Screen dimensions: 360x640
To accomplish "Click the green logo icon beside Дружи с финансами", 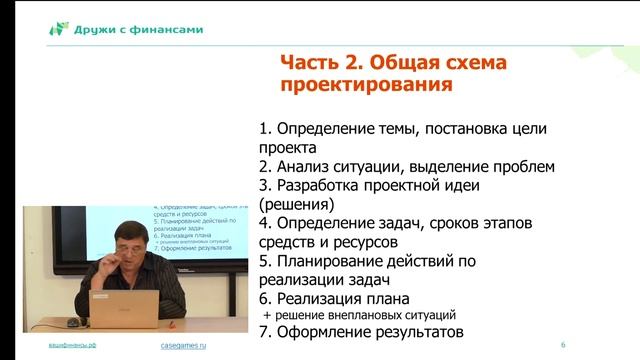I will point(59,29).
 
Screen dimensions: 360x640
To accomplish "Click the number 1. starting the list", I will point(265,130).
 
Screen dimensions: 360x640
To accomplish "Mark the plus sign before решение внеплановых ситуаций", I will point(266,316).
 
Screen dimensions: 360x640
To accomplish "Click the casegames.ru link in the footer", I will point(182,345).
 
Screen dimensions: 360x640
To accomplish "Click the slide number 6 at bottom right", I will point(563,345).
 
